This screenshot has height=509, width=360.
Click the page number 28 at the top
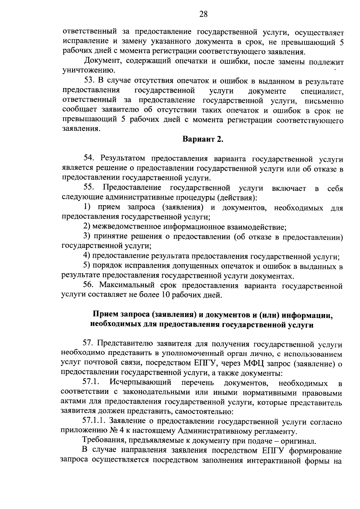click(203, 14)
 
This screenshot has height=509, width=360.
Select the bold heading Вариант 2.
click(203, 139)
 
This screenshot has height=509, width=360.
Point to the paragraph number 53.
click(89, 81)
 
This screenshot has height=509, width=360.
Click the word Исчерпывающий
click(140, 383)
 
